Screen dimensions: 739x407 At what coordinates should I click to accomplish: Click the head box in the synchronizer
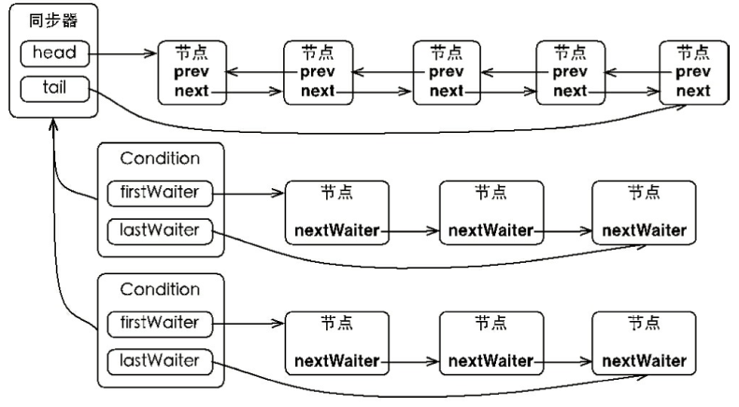(x=55, y=53)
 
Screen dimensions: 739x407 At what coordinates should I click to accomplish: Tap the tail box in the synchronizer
(x=55, y=89)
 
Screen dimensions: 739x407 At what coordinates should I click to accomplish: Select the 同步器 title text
(x=53, y=21)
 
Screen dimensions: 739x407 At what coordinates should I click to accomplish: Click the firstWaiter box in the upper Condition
(x=160, y=193)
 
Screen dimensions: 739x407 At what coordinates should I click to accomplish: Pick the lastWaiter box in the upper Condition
(x=160, y=231)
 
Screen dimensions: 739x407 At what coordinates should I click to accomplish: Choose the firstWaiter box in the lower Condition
(x=160, y=324)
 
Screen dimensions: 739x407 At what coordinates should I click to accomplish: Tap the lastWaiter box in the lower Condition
(x=160, y=362)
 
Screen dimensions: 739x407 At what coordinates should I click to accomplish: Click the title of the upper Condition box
(x=161, y=158)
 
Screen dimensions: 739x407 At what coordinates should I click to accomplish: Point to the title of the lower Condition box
(x=161, y=289)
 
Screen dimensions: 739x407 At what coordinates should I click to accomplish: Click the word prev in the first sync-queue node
(x=192, y=72)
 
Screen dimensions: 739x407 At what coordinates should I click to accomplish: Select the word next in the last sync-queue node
(x=693, y=90)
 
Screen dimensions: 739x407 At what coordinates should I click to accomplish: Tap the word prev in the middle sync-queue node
(x=447, y=72)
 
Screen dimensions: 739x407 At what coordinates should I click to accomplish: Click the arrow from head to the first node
(x=123, y=53)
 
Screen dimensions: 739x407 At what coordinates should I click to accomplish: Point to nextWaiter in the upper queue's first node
(x=337, y=230)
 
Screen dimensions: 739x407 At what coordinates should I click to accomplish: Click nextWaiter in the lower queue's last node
(x=645, y=361)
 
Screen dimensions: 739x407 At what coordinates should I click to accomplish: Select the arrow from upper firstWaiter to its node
(x=249, y=193)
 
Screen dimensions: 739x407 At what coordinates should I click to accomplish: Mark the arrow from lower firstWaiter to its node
(x=249, y=324)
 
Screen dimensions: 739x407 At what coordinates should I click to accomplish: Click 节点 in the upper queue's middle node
(x=491, y=193)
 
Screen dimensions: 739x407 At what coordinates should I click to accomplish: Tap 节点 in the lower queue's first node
(x=337, y=324)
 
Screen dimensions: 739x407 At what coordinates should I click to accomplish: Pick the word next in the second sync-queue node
(x=318, y=90)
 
